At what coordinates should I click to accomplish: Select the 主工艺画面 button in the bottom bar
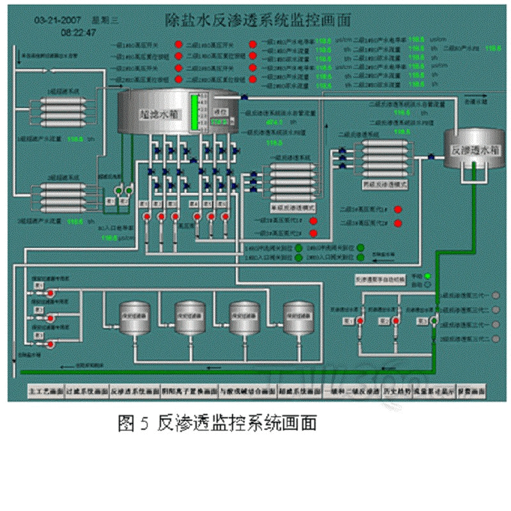click(x=43, y=391)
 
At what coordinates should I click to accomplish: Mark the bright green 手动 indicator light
click(x=427, y=276)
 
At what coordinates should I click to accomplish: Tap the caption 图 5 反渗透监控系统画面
click(x=217, y=423)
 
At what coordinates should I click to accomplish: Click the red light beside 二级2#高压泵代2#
click(x=397, y=223)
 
